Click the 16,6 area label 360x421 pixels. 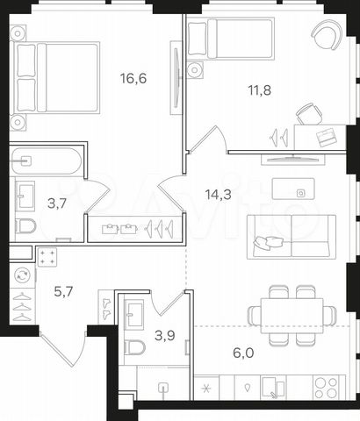pyautogui.click(x=133, y=78)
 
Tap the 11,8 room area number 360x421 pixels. pyautogui.click(x=260, y=90)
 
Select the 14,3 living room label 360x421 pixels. pyautogui.click(x=219, y=194)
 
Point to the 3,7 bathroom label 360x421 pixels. pyautogui.click(x=57, y=203)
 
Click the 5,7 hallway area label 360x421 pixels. pyautogui.click(x=63, y=291)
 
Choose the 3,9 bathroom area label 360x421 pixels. pyautogui.click(x=165, y=335)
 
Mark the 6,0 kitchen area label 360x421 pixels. pyautogui.click(x=243, y=353)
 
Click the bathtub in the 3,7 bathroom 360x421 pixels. pyautogui.click(x=46, y=161)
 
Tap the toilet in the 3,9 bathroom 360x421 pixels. pyautogui.click(x=134, y=347)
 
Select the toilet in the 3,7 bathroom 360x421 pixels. pyautogui.click(x=25, y=226)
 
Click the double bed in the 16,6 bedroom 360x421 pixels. pyautogui.click(x=54, y=77)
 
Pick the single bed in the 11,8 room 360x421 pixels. pyautogui.click(x=231, y=39)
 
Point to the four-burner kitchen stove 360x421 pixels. pyautogui.click(x=326, y=388)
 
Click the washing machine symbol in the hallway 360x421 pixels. pyautogui.click(x=23, y=275)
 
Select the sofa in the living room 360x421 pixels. pyautogui.click(x=292, y=237)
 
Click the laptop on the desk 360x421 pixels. pyautogui.click(x=327, y=137)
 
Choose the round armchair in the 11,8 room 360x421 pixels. pyautogui.click(x=327, y=35)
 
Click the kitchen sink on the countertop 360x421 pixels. pyautogui.click(x=273, y=387)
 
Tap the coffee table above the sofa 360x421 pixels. pyautogui.click(x=293, y=189)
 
